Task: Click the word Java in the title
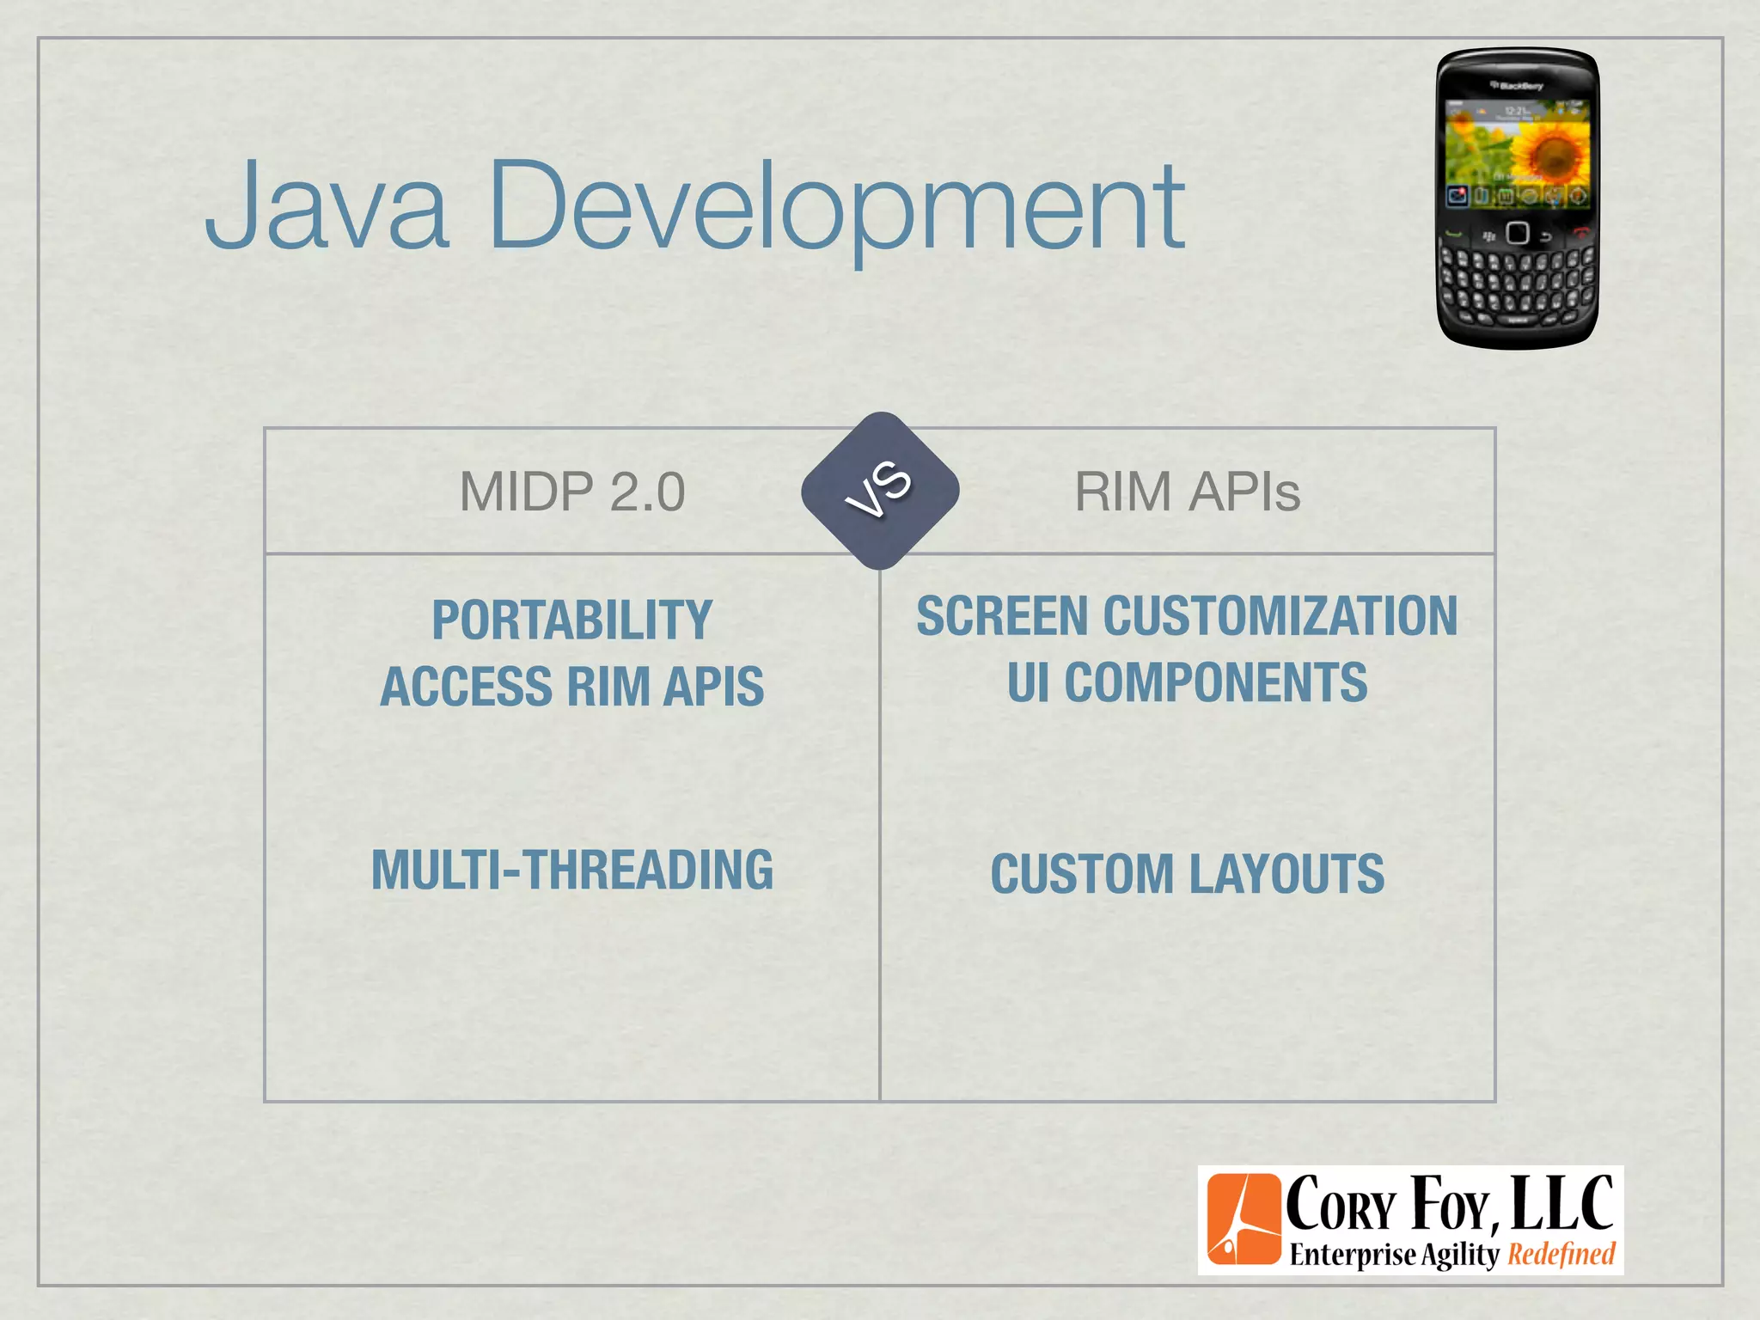[x=327, y=206]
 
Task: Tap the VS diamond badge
[x=880, y=491]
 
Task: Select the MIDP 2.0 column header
[x=572, y=492]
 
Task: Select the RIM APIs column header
[x=1187, y=492]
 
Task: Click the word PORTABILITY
[x=572, y=620]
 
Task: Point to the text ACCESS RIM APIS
[x=572, y=687]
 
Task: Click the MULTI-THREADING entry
[x=572, y=870]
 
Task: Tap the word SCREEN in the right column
[x=1002, y=616]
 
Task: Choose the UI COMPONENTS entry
[x=1187, y=682]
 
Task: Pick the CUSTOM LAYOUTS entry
[x=1187, y=874]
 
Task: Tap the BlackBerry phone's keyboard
[x=1518, y=284]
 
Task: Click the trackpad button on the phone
[x=1518, y=233]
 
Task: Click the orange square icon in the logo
[x=1243, y=1219]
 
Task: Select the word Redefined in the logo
[x=1561, y=1255]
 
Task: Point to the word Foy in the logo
[x=1450, y=1204]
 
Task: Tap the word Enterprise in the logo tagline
[x=1353, y=1255]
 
